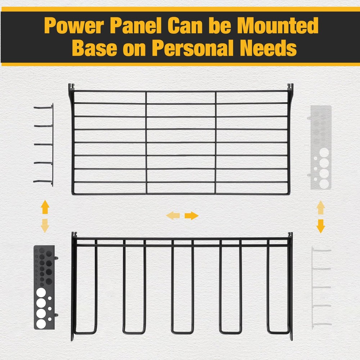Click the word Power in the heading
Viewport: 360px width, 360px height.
click(74, 26)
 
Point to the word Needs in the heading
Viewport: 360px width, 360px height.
click(268, 48)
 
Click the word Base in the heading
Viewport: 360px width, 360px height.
click(95, 48)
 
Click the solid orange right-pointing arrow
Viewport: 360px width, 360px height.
click(192, 216)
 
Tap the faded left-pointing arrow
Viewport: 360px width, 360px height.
click(173, 216)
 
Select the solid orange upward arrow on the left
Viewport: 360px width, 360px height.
click(45, 207)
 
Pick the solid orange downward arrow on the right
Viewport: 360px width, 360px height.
click(320, 226)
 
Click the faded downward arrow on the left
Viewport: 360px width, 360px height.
click(45, 225)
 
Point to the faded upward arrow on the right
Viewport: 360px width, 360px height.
click(320, 208)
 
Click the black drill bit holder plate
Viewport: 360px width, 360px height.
click(44, 287)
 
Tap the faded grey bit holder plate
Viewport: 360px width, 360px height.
click(320, 147)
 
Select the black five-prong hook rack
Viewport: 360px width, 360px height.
click(44, 145)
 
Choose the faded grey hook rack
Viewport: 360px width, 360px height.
click(321, 287)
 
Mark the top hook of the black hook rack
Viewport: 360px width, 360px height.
click(43, 107)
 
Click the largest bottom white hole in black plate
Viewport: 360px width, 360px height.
click(41, 324)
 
